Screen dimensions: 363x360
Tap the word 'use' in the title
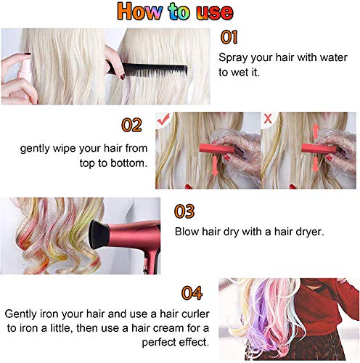tap(212, 12)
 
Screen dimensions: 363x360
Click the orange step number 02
tap(131, 125)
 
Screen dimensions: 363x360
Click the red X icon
tap(268, 118)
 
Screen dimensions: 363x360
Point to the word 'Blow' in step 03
tap(188, 232)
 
